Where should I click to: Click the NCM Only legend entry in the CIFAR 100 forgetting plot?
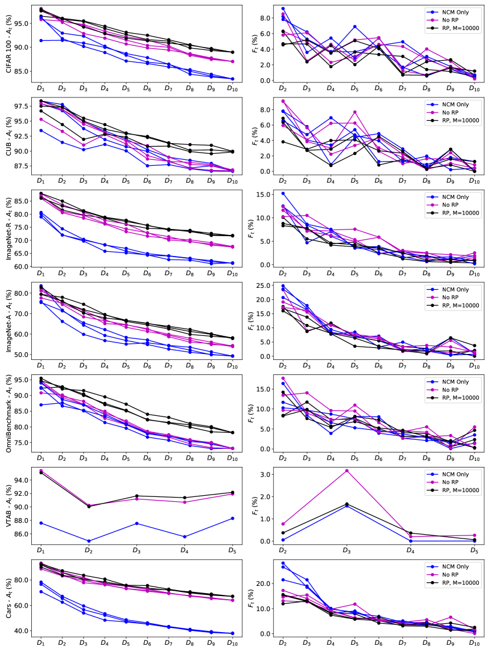(x=454, y=11)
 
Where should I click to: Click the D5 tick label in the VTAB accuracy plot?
(x=232, y=550)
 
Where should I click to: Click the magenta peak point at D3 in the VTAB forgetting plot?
(x=347, y=471)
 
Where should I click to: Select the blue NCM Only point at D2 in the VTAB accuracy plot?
(x=88, y=541)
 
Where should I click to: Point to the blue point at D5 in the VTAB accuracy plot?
(x=232, y=518)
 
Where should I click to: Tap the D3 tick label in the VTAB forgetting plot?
(x=347, y=550)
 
